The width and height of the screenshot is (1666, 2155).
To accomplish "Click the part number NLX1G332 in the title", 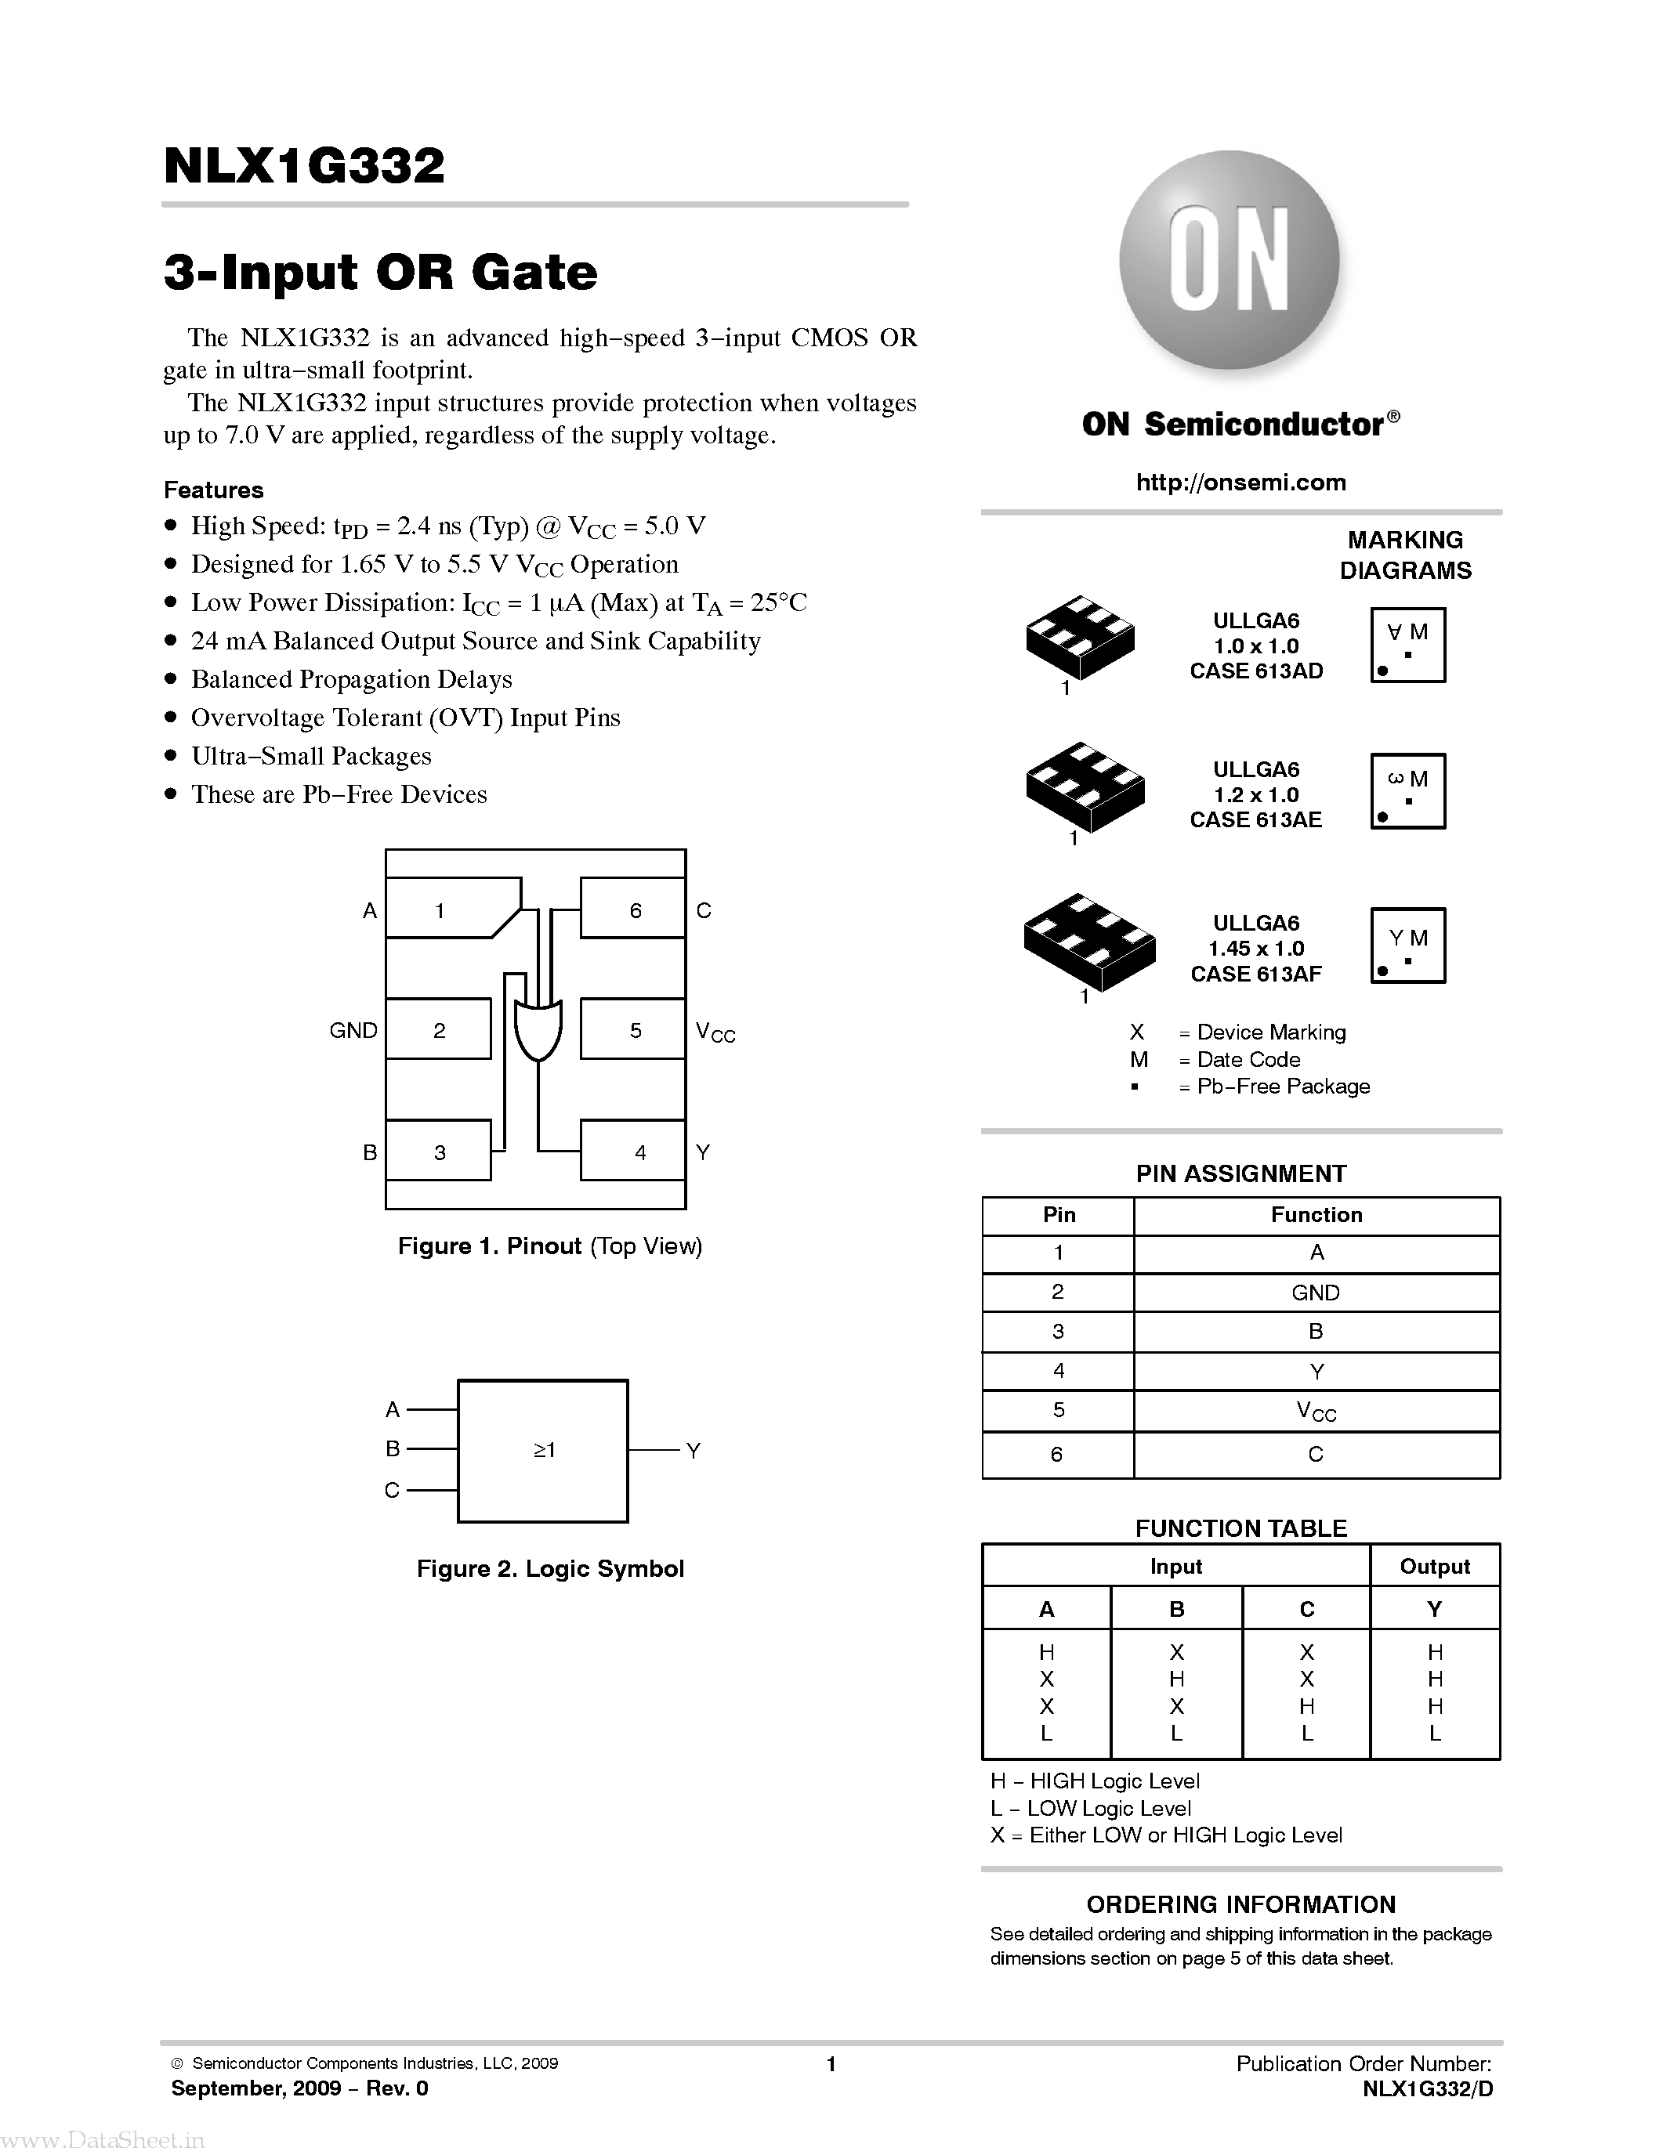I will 304,167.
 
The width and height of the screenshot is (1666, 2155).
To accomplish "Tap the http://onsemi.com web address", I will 1240,483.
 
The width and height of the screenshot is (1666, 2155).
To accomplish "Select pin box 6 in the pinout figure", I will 632,909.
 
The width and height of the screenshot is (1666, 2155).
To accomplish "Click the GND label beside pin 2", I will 353,1030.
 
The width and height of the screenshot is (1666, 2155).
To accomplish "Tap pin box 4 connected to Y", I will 632,1151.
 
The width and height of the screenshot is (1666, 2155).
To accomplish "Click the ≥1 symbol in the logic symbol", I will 544,1449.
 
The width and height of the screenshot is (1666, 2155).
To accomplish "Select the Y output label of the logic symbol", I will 693,1451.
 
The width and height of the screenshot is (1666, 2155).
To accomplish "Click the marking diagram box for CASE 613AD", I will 1407,645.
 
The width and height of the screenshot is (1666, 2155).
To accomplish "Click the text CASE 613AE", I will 1255,820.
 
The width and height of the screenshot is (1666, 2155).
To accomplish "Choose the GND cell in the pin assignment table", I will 1316,1293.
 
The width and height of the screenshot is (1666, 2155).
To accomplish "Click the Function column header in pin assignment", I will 1316,1215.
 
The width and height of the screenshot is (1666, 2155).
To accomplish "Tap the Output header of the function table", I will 1434,1566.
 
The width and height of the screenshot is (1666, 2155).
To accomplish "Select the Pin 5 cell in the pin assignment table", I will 1058,1410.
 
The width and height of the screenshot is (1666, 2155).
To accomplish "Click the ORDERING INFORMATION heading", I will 1240,1905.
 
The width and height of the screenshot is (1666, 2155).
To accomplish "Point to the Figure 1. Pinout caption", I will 550,1246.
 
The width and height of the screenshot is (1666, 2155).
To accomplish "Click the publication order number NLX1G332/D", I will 1427,2089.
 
